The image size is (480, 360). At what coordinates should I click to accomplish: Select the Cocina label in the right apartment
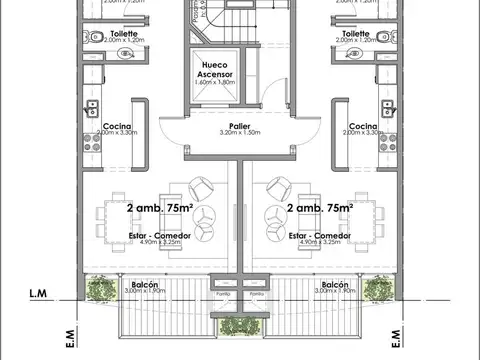pyautogui.click(x=362, y=126)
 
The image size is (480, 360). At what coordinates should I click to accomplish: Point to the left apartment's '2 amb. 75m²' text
pyautogui.click(x=160, y=207)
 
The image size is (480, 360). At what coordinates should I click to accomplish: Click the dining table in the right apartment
pyautogui.click(x=372, y=217)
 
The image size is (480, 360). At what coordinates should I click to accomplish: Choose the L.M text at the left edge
pyautogui.click(x=40, y=294)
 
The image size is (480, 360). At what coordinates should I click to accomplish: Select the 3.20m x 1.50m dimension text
pyautogui.click(x=238, y=133)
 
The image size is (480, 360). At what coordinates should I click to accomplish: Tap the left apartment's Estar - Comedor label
pyautogui.click(x=160, y=235)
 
